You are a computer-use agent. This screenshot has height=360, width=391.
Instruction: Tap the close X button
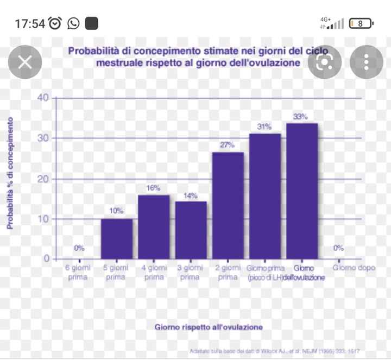[25, 62]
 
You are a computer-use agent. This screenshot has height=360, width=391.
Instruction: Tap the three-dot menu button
[366, 62]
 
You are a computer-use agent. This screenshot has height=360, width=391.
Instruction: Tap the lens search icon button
[324, 62]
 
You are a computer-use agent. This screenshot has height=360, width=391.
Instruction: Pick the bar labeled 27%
[228, 205]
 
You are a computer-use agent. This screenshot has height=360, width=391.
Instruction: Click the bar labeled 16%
[154, 226]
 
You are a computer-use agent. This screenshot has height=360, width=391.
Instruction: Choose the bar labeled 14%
[191, 230]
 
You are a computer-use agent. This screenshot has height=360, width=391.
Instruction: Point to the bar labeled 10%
[117, 238]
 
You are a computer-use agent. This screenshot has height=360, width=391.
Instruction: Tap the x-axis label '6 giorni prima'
[79, 272]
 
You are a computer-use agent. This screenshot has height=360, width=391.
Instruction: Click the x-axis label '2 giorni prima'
[228, 272]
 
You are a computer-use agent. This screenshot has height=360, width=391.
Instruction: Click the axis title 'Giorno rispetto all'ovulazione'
[209, 327]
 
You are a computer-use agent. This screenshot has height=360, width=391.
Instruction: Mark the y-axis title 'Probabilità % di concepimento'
[10, 173]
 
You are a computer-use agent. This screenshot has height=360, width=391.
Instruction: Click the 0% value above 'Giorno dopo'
[338, 248]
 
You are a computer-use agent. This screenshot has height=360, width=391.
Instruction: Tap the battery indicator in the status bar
[361, 23]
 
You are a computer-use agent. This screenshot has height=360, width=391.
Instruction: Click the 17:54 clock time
[29, 23]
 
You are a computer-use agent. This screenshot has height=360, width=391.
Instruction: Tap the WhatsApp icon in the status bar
[73, 23]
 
